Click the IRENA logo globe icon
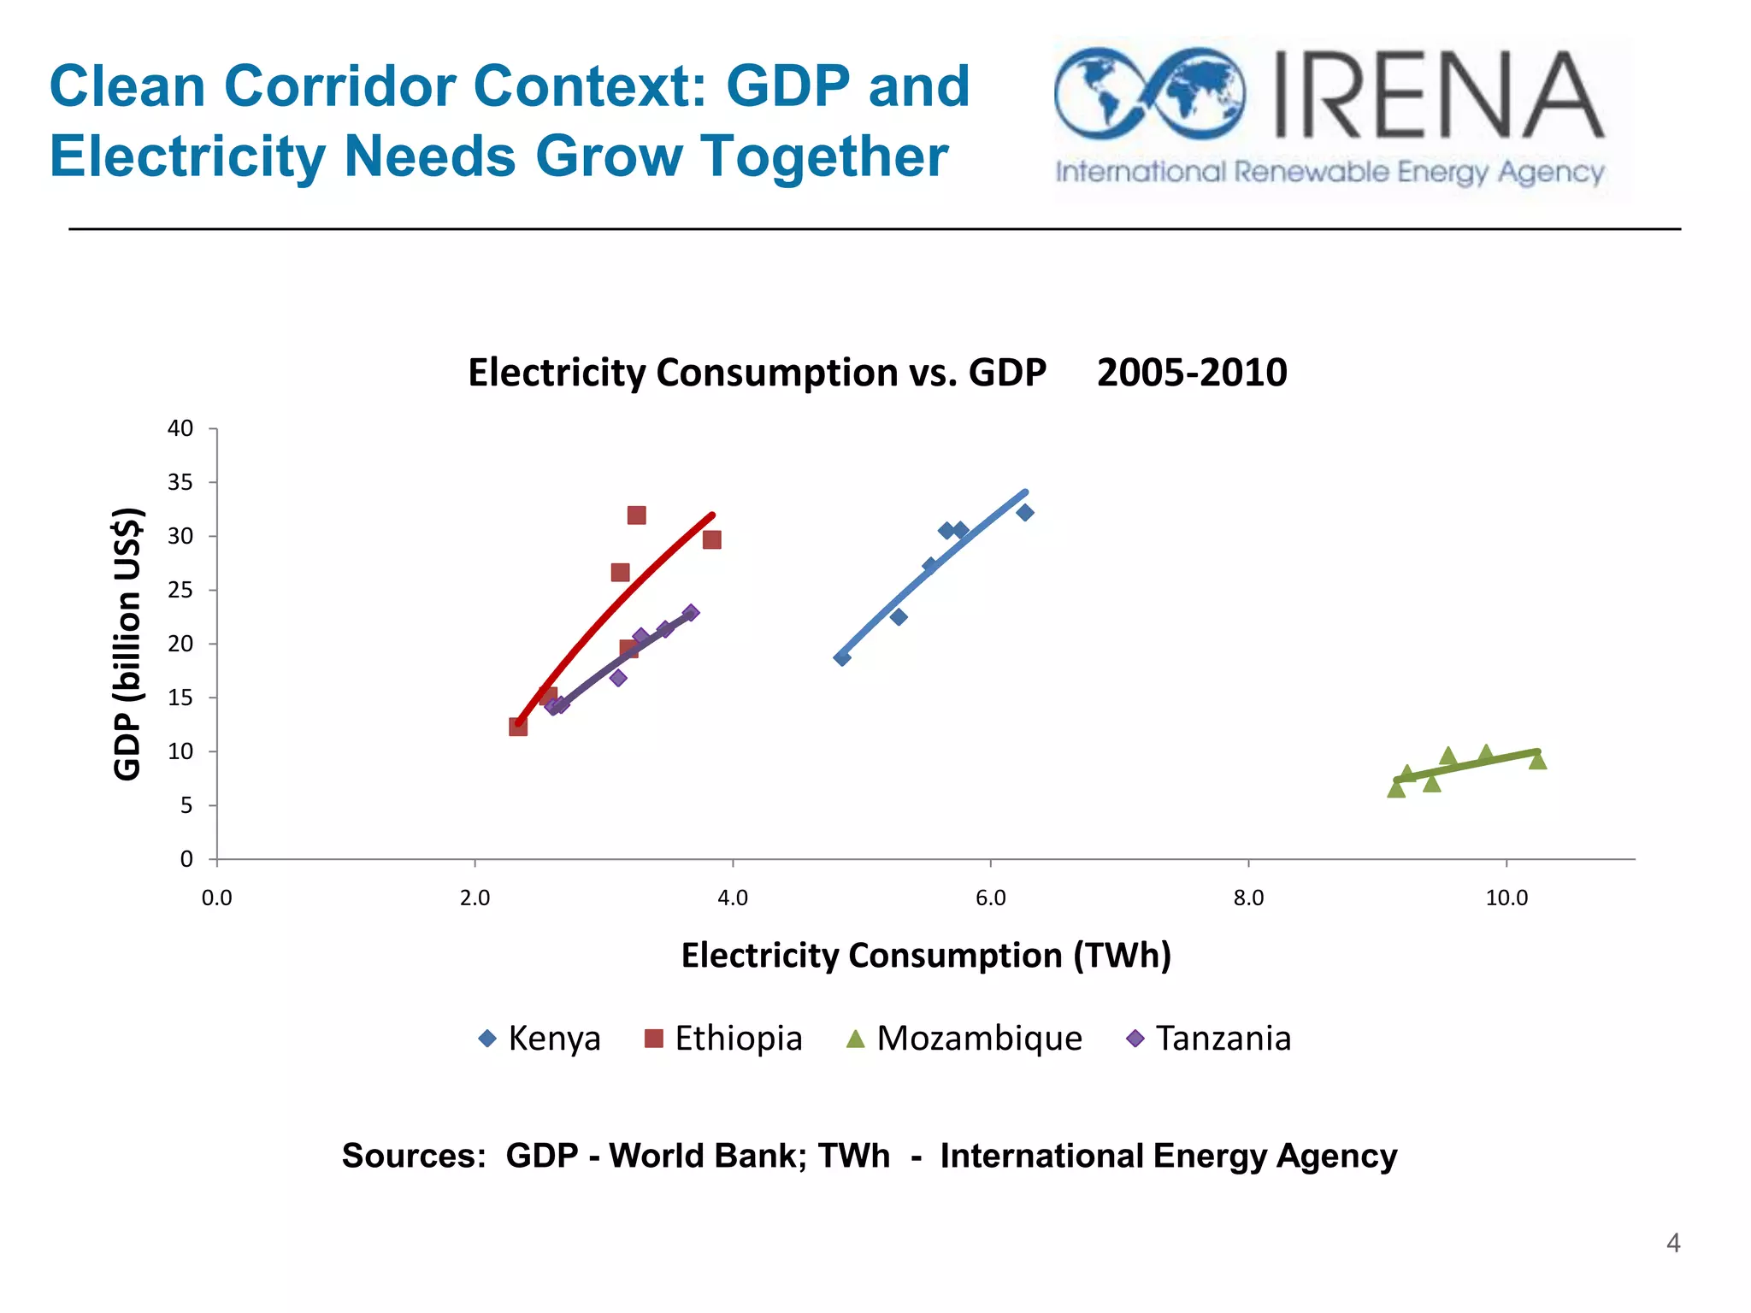click(1149, 94)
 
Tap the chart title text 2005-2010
click(1191, 373)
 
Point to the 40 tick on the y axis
click(180, 428)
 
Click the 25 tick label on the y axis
click(180, 590)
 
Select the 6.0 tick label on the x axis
click(990, 898)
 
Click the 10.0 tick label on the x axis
click(1506, 898)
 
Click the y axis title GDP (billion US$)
click(127, 644)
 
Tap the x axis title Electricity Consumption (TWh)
click(925, 956)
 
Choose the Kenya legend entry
click(540, 1039)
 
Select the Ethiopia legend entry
click(723, 1039)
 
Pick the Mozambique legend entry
click(964, 1039)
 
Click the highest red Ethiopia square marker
click(636, 515)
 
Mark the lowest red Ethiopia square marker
click(518, 727)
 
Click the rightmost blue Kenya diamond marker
click(1025, 513)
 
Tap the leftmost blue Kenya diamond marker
click(842, 658)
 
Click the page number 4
click(1673, 1243)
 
